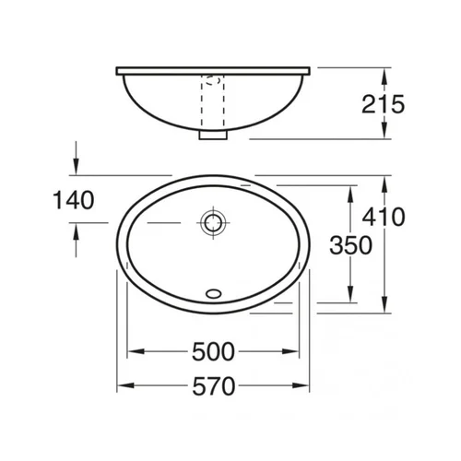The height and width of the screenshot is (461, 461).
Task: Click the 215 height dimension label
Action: (383, 104)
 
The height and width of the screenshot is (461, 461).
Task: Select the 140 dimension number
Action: (74, 200)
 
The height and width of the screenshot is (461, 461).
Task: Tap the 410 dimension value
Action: (384, 217)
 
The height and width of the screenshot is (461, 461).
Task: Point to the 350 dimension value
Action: (350, 245)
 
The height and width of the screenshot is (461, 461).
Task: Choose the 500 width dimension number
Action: (213, 351)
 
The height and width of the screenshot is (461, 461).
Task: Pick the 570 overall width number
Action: (214, 386)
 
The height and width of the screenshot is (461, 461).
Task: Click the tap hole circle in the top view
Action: (213, 222)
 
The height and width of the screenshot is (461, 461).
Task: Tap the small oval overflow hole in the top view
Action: (213, 293)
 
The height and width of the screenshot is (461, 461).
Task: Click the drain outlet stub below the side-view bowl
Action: (213, 135)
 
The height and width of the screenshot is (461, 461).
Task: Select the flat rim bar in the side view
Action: (213, 71)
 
